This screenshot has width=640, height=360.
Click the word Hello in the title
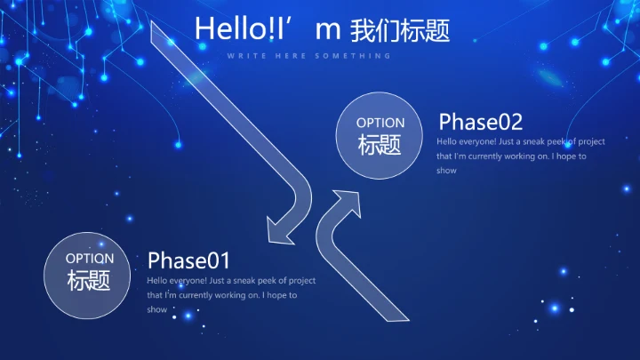[x=223, y=28]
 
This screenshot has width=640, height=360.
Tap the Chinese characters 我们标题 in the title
[x=400, y=29]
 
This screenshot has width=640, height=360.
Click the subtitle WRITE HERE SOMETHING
[x=308, y=55]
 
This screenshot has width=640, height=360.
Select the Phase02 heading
[x=480, y=122]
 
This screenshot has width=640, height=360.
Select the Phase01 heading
[x=188, y=260]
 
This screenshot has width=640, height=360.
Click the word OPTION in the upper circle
[x=380, y=123]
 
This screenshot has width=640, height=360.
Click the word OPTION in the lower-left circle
[x=90, y=258]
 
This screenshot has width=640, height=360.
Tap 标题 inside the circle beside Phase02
[x=380, y=145]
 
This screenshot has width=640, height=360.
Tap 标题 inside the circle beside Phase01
[x=90, y=281]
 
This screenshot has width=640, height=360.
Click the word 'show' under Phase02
[x=446, y=171]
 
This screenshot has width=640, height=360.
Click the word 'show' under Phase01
[x=157, y=309]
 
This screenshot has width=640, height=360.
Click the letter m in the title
[x=328, y=29]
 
